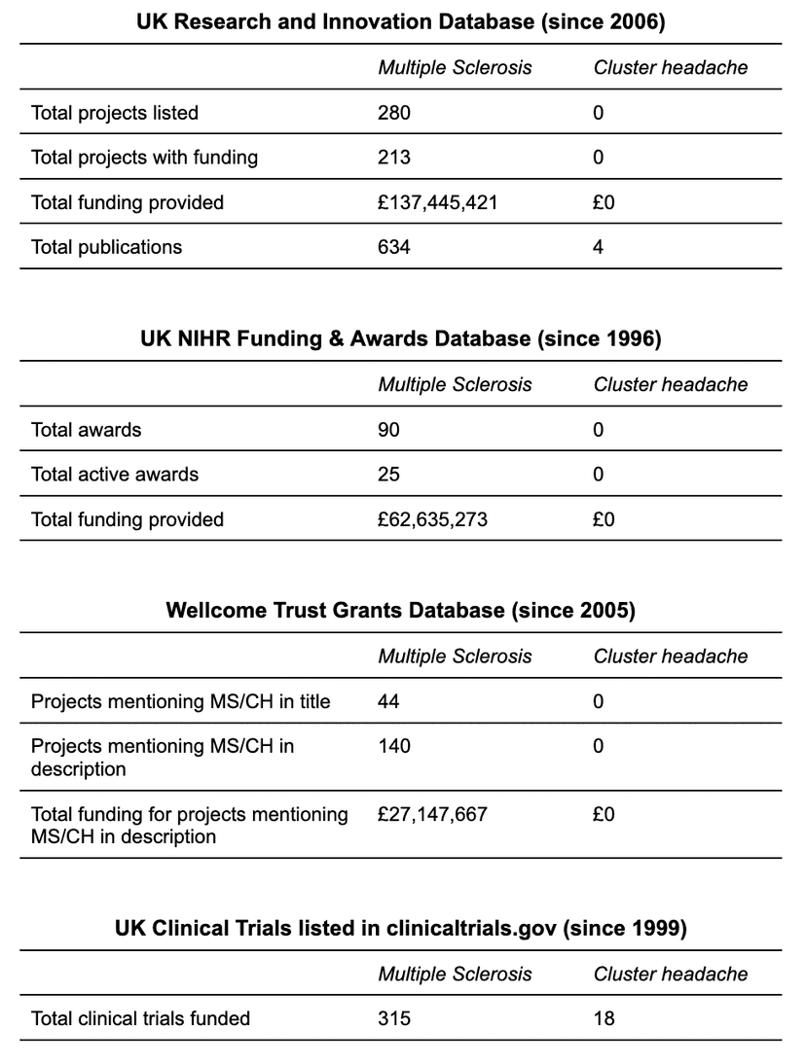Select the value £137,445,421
point(437,202)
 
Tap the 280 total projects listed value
point(394,113)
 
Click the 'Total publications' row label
point(106,247)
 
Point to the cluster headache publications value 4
point(598,247)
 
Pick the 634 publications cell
point(394,247)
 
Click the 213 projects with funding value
point(394,158)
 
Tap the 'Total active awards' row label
point(115,475)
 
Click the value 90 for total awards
point(388,430)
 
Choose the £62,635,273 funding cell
point(432,519)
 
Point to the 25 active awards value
point(388,475)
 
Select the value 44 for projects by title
point(388,701)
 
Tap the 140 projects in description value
point(394,746)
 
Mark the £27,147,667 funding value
point(432,814)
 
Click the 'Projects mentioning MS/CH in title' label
point(180,701)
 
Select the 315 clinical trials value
point(394,1018)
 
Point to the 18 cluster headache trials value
point(604,1018)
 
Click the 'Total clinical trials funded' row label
point(140,1018)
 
